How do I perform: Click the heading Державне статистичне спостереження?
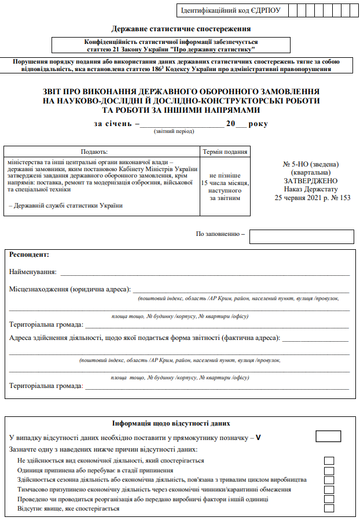(180, 29)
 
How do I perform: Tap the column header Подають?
(102, 152)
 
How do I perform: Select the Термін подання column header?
(225, 152)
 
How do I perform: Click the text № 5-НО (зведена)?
(311, 164)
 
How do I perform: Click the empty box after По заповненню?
(301, 237)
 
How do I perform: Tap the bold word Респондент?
(30, 254)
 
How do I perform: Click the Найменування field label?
(33, 272)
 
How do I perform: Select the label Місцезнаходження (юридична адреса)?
(70, 289)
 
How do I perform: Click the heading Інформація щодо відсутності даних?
(180, 423)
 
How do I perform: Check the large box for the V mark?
(328, 436)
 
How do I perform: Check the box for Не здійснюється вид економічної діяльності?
(329, 461)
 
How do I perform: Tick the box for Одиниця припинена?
(329, 471)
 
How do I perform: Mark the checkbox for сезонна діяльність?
(329, 480)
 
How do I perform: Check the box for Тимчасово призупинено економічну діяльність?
(329, 489)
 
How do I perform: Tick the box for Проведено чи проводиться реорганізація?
(329, 499)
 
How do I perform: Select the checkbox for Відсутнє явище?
(329, 508)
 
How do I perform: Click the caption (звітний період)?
(174, 132)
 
